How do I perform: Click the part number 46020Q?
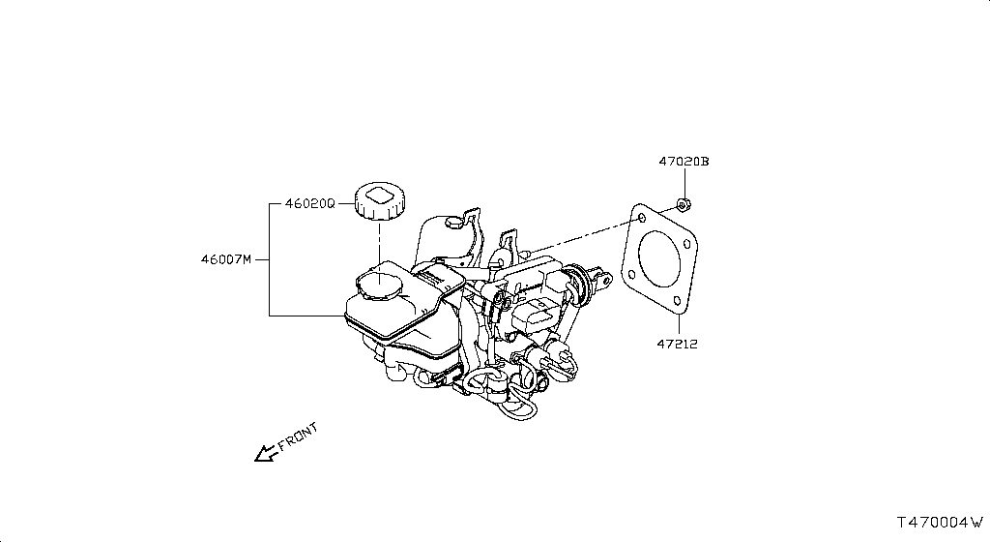click(309, 204)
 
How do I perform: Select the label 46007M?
click(225, 259)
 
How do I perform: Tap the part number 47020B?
click(684, 162)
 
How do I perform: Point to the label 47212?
click(677, 344)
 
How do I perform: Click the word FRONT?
click(298, 438)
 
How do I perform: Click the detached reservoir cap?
click(380, 200)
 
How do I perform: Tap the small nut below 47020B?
click(683, 204)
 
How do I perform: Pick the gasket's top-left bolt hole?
click(638, 219)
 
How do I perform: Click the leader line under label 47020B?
click(684, 184)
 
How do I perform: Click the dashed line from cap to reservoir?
click(380, 242)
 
